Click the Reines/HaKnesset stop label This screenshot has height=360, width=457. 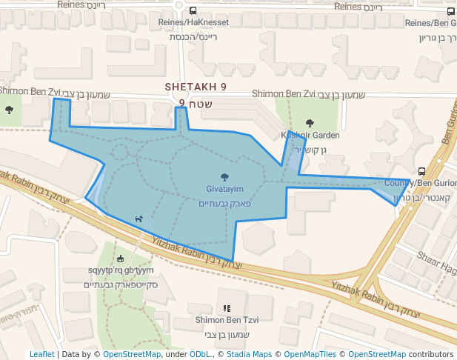[193, 23]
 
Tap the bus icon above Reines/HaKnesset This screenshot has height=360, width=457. [193, 11]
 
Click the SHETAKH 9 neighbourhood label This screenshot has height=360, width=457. [196, 87]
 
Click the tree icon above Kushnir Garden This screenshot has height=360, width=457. [310, 124]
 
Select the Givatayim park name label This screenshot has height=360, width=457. [225, 190]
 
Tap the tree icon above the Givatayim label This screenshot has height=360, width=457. [225, 178]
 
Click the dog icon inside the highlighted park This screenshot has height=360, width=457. [138, 219]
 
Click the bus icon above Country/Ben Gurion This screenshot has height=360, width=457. [421, 171]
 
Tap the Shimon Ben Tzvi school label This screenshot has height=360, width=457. [227, 320]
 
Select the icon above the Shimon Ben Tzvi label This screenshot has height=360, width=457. [227, 308]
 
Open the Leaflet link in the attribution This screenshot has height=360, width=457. [41, 355]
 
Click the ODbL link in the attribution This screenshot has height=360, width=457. [200, 355]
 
